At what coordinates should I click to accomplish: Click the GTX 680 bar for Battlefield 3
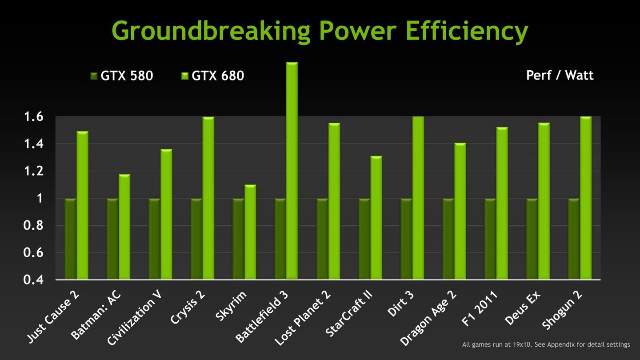coord(292,171)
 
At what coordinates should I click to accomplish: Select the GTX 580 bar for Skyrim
coord(238,239)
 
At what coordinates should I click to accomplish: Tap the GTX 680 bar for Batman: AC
coord(124,227)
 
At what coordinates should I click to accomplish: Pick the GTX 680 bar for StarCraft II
coord(376,218)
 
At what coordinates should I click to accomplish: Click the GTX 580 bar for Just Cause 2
coord(70,239)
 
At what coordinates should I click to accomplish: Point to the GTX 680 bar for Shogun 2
coord(586,198)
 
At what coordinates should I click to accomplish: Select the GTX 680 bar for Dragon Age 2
coord(460,211)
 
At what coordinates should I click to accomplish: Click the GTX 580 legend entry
coord(122,76)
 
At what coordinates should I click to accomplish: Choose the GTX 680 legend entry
coord(213,76)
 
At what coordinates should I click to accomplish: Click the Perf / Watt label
coord(560,75)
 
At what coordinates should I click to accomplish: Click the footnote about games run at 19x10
coord(546,344)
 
